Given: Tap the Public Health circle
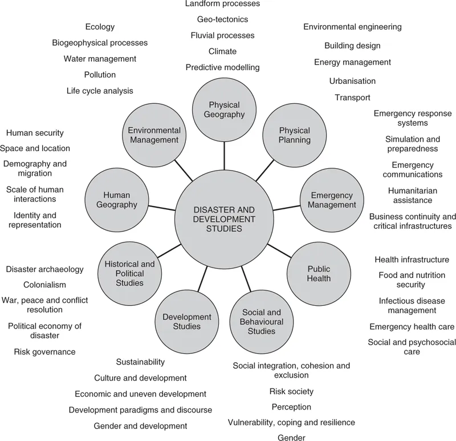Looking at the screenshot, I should [319, 273].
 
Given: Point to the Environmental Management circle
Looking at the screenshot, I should [154, 135].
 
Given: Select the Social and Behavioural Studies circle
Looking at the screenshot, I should [262, 321].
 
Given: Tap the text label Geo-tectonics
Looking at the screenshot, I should [222, 19].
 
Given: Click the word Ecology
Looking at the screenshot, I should [100, 27].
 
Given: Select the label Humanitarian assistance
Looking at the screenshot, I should [410, 195].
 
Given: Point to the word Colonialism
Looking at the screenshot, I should [44, 285].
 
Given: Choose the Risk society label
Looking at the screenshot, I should [291, 391].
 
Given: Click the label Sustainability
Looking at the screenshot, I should [140, 362].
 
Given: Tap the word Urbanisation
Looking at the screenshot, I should [352, 81].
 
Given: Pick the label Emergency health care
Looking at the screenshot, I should [412, 326].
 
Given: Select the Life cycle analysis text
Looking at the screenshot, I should [100, 91].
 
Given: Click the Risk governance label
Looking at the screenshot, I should [44, 351].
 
